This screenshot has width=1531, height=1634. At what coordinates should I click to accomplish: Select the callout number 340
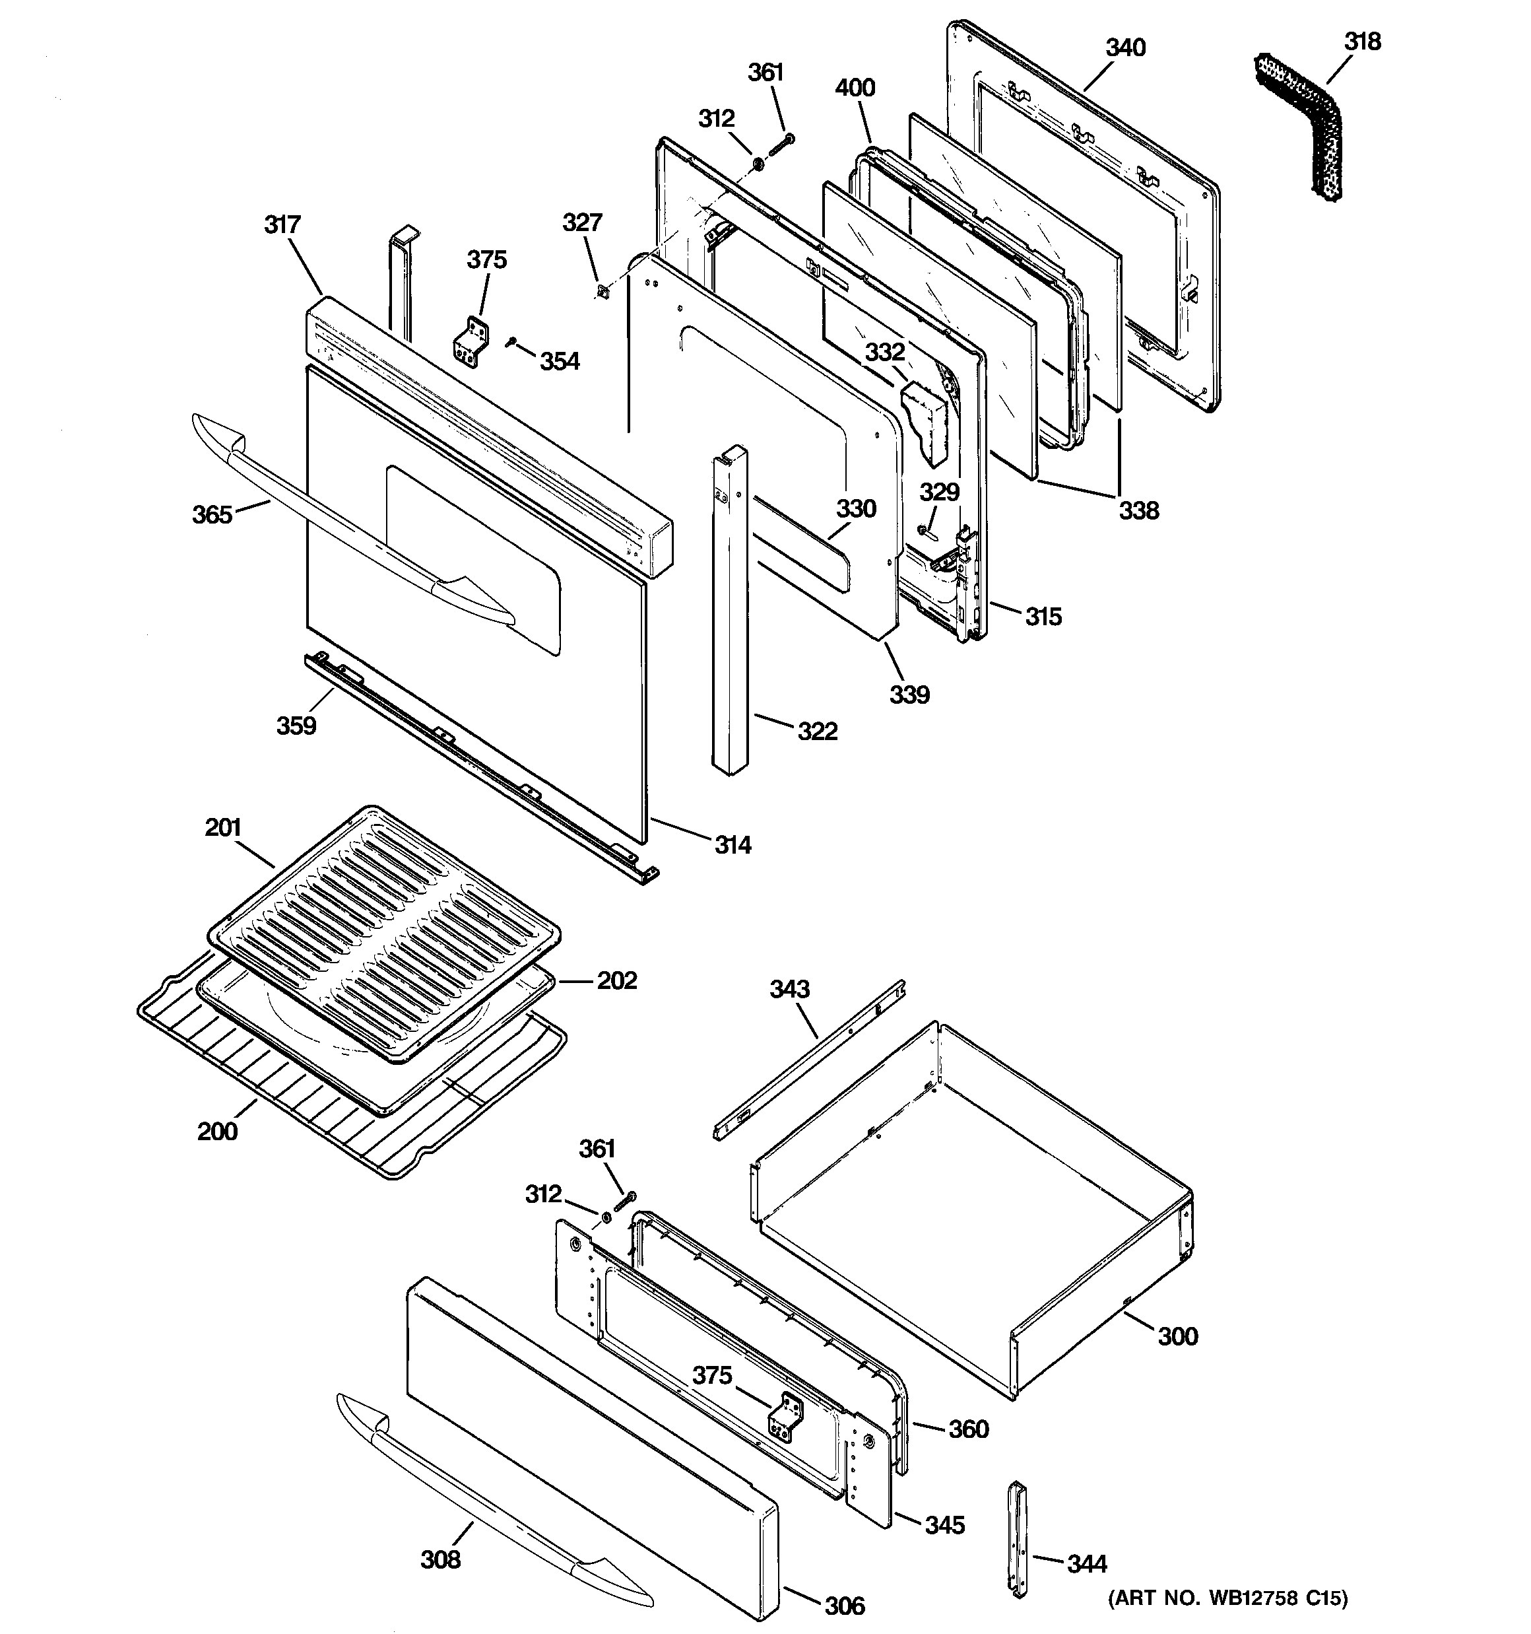[1124, 48]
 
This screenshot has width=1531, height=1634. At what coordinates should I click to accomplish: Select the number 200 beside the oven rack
[217, 1132]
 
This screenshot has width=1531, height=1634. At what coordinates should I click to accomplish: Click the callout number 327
[582, 222]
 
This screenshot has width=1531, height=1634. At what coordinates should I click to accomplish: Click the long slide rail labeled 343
[810, 1060]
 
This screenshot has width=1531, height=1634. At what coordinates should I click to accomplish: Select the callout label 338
[1138, 510]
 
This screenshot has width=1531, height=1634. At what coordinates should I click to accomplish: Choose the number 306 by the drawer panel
[844, 1605]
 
